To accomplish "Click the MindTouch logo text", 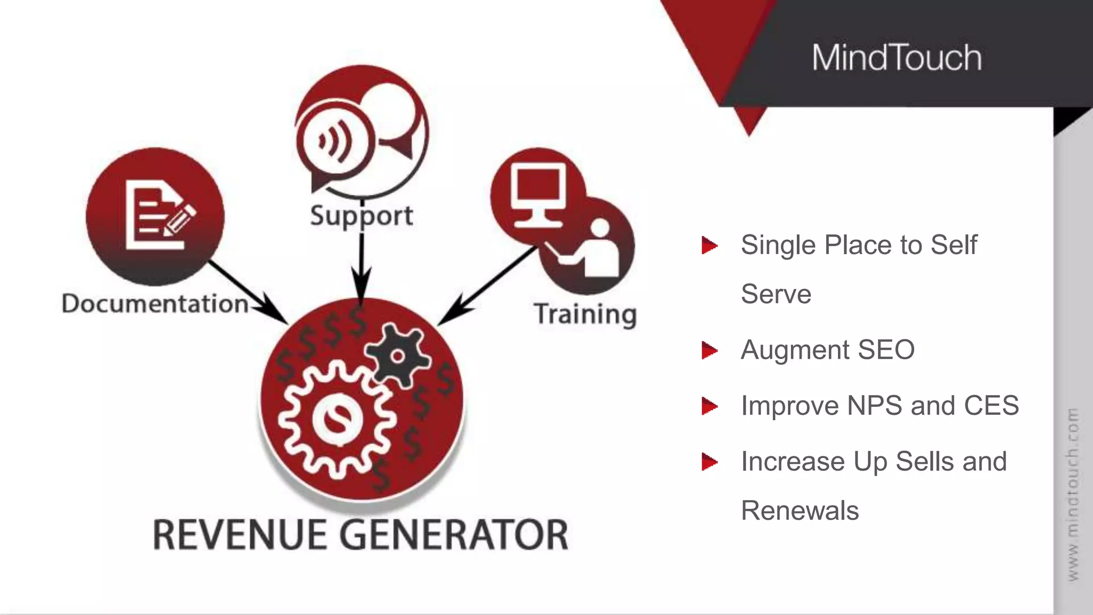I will tap(897, 58).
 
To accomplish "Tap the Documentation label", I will tap(155, 304).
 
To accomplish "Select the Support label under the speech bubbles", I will tap(361, 216).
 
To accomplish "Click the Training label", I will tap(585, 314).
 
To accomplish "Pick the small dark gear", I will tap(398, 354).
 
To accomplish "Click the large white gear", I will tap(337, 419).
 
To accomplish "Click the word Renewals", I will tap(799, 510).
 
